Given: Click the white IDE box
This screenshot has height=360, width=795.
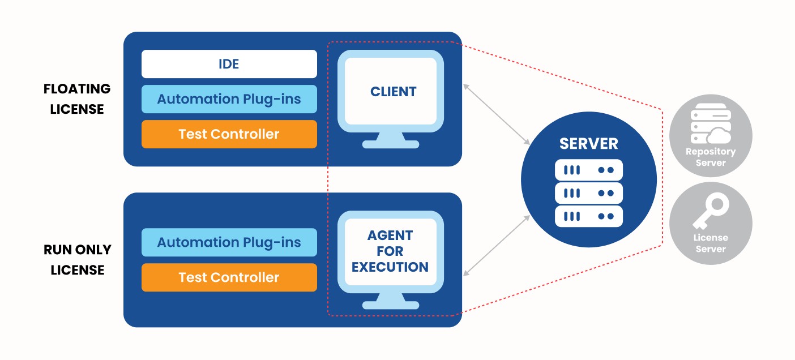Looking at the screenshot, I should click(229, 64).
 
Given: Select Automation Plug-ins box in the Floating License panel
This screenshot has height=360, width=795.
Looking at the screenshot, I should click(229, 99).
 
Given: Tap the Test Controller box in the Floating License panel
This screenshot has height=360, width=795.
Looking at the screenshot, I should click(229, 134).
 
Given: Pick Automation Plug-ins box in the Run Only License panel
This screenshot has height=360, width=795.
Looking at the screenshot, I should click(229, 242).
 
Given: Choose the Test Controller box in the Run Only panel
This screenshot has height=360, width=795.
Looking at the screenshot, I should click(229, 277).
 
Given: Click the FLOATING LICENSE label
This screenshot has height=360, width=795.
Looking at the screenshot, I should click(77, 99).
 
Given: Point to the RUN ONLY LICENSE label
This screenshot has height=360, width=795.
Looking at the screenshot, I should click(77, 260).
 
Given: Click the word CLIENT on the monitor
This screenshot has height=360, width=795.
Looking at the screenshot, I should click(393, 92).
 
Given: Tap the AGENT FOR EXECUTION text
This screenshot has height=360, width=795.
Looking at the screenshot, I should click(390, 251).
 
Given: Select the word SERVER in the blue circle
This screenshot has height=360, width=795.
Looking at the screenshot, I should click(588, 143).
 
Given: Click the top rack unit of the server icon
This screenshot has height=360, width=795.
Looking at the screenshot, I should click(588, 170).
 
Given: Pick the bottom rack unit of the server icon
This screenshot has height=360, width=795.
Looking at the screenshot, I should click(588, 216).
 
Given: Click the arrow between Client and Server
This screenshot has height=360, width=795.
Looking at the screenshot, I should click(496, 113).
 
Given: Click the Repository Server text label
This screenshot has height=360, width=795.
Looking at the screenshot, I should click(711, 157).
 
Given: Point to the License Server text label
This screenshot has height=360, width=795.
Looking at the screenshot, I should click(711, 243).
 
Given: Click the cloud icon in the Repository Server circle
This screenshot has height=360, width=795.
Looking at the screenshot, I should click(718, 135).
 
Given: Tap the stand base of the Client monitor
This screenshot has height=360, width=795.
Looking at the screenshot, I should click(390, 144).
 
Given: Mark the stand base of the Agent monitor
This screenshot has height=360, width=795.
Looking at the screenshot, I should click(390, 305).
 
